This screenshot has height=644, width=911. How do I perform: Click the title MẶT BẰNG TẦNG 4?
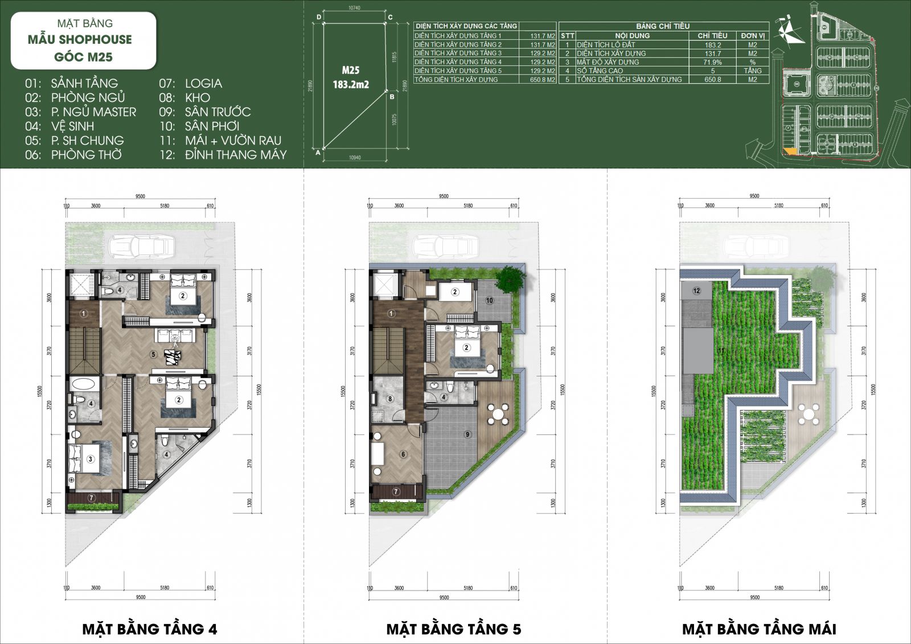150,629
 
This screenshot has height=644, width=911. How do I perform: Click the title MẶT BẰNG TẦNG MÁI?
759,629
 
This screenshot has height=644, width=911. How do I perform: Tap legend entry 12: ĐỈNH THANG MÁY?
223,154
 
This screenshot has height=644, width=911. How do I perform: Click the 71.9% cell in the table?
712,62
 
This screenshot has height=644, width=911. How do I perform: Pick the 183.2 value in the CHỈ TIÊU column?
712,44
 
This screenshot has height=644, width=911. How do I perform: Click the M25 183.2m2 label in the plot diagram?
351,77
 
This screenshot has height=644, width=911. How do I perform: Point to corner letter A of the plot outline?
317,153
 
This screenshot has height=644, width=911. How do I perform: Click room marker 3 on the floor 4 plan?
90,459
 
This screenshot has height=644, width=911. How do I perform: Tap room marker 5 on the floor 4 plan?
153,354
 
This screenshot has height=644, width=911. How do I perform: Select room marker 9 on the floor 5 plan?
467,434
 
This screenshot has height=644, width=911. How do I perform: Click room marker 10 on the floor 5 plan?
489,300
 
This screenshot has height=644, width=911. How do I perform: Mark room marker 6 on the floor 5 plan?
403,454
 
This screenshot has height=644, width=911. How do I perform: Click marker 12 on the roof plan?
696,291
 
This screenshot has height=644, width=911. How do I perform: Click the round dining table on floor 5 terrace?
499,414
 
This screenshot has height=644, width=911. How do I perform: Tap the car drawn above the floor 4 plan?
141,247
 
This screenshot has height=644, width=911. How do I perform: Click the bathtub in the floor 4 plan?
84,383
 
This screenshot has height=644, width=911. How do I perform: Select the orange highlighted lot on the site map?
790,151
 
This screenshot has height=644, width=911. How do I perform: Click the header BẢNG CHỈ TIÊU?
663,26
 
